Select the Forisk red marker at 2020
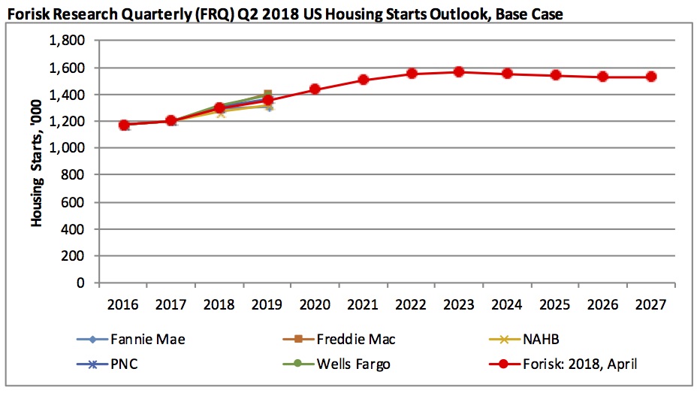pos(315,89)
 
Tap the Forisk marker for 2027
pos(651,77)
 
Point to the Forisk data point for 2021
pos(364,80)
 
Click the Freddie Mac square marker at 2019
pos(268,95)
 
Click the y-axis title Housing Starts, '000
pos(35,162)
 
